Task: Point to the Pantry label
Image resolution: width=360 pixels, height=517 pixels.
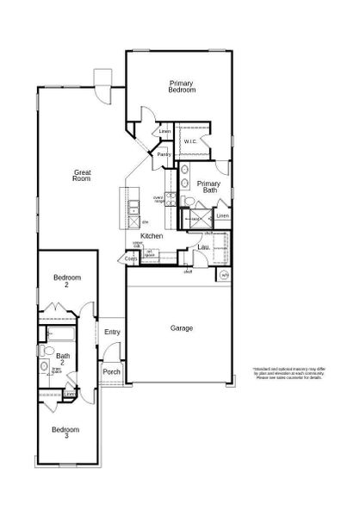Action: coord(163,154)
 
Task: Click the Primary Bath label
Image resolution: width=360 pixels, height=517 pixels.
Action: coord(208,188)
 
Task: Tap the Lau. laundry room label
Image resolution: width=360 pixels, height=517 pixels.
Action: coord(204,247)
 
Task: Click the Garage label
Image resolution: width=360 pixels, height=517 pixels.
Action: coord(181,327)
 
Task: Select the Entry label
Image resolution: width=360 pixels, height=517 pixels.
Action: coord(112,332)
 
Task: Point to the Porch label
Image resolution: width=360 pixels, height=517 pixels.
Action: coord(111,372)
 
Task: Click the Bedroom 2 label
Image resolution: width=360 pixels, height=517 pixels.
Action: coord(66,281)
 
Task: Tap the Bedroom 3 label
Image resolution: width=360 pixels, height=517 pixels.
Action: coord(65,433)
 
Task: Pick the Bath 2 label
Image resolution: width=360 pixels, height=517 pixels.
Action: coord(63,358)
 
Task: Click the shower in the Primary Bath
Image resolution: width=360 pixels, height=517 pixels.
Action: coord(196,219)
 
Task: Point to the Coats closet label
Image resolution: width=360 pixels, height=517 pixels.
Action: coord(131,258)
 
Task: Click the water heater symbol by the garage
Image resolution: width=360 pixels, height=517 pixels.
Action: coord(225,275)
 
